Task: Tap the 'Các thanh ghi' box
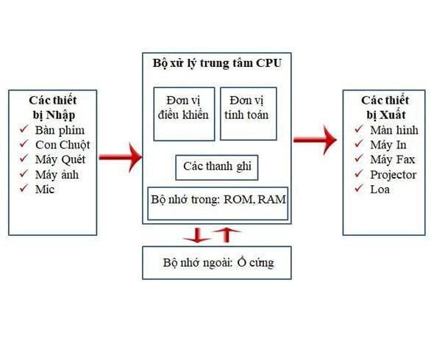[x=217, y=168]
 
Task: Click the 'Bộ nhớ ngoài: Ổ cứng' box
[x=217, y=262]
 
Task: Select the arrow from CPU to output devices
[x=316, y=139]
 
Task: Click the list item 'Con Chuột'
[x=63, y=145]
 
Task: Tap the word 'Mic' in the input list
[x=45, y=190]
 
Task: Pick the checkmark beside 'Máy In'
[x=358, y=145]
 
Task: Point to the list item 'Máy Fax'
[x=392, y=159]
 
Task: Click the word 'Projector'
[x=393, y=175]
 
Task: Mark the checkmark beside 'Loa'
[x=358, y=190]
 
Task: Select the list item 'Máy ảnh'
[x=57, y=175]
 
